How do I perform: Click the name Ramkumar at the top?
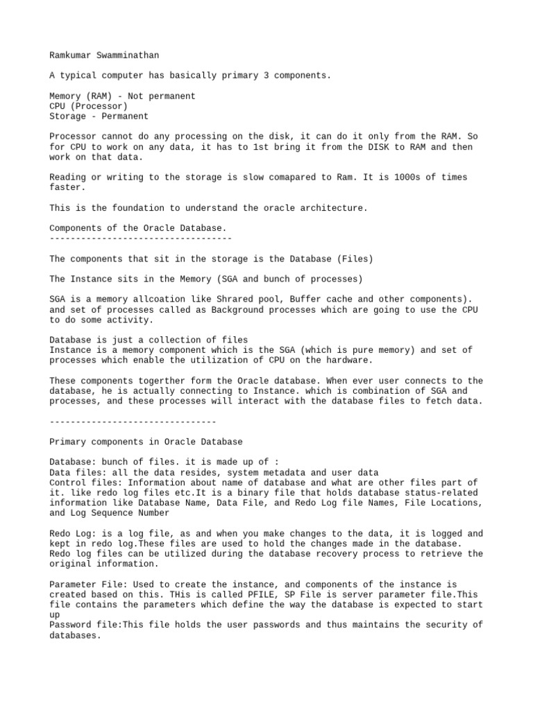tap(70, 55)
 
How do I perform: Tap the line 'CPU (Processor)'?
tap(88, 106)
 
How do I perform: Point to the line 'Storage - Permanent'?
tap(99, 116)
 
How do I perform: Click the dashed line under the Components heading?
tap(140, 238)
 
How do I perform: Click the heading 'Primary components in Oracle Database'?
tap(146, 442)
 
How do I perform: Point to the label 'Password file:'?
tap(85, 625)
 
